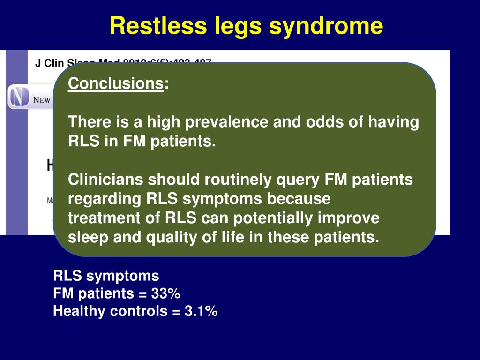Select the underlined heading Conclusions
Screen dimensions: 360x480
[115, 84]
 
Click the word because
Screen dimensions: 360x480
[299, 199]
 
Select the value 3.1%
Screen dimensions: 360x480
[201, 311]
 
